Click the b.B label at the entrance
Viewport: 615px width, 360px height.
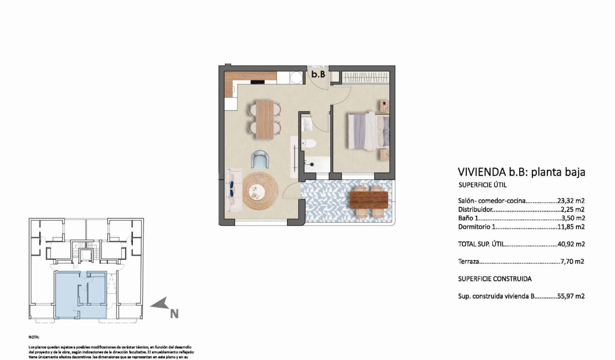click(318, 74)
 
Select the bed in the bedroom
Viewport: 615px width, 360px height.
click(368, 130)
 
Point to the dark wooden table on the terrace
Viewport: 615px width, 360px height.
click(369, 200)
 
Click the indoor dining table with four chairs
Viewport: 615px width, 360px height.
click(265, 119)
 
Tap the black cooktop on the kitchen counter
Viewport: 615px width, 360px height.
click(258, 82)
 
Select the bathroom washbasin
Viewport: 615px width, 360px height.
click(307, 125)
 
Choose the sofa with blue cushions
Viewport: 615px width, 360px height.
click(233, 190)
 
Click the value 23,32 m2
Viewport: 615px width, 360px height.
click(571, 201)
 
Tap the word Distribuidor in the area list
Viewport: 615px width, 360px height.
click(475, 209)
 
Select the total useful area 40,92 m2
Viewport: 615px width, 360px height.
click(571, 244)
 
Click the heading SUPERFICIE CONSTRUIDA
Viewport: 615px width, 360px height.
click(494, 279)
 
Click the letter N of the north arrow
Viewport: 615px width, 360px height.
click(174, 314)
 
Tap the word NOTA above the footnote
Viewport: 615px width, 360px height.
click(34, 336)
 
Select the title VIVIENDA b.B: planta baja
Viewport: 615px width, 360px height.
click(521, 172)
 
